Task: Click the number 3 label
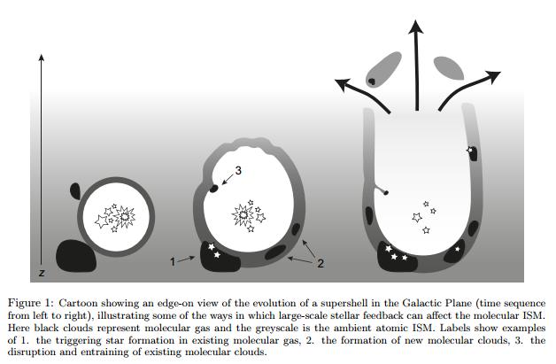click(238, 171)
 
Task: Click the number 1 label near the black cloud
click(173, 262)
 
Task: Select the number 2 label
click(320, 263)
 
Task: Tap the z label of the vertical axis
click(42, 273)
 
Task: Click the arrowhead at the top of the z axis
click(42, 55)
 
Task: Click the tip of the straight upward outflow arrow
click(415, 20)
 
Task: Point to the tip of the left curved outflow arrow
click(335, 80)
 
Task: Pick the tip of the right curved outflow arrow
click(501, 72)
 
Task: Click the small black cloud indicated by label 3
click(213, 188)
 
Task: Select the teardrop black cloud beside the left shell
click(75, 190)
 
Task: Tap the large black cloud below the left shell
click(76, 256)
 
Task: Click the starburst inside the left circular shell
click(125, 217)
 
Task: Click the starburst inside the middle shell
click(243, 215)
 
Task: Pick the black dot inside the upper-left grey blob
click(372, 81)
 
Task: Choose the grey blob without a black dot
click(449, 68)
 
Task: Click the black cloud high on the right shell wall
click(473, 153)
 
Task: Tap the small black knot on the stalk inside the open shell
click(386, 193)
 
